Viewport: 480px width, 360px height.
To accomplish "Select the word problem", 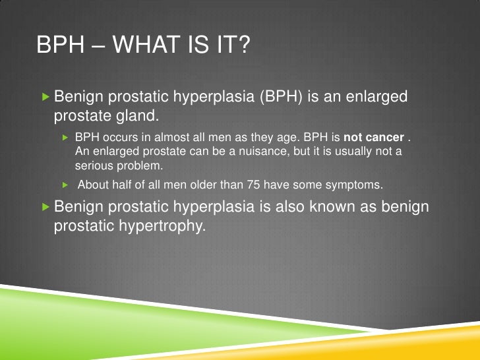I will tap(140, 165).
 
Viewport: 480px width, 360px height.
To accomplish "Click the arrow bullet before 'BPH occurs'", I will tap(65, 138).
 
